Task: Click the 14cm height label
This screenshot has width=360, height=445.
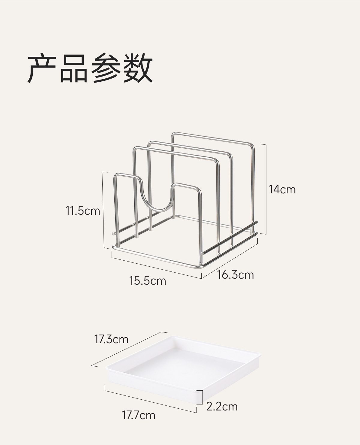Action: click(282, 189)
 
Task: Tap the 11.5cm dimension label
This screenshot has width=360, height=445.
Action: click(83, 210)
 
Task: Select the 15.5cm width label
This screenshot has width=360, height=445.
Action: click(148, 281)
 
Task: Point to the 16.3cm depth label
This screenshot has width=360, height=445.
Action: click(235, 275)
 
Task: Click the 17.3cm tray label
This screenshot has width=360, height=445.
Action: click(111, 339)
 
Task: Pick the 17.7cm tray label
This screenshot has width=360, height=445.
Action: click(139, 416)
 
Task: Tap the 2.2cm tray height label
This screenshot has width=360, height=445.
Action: click(222, 407)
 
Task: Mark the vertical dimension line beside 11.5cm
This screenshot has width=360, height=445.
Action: click(103, 210)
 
